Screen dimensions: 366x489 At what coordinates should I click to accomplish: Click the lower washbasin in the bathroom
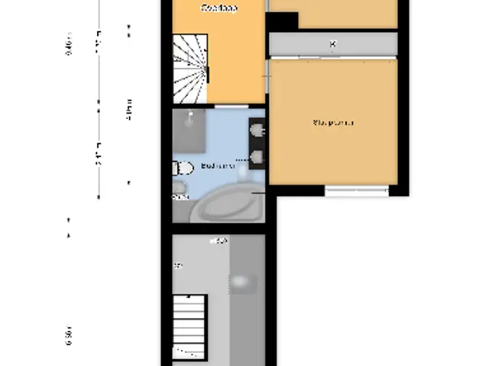pos(257,158)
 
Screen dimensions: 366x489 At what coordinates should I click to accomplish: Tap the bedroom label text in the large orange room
pos(333,122)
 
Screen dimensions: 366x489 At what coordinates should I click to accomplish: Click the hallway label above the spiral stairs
pos(219,8)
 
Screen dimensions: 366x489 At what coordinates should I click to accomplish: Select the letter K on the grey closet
pos(332,44)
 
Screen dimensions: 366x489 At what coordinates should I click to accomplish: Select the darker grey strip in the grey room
pos(246,301)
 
